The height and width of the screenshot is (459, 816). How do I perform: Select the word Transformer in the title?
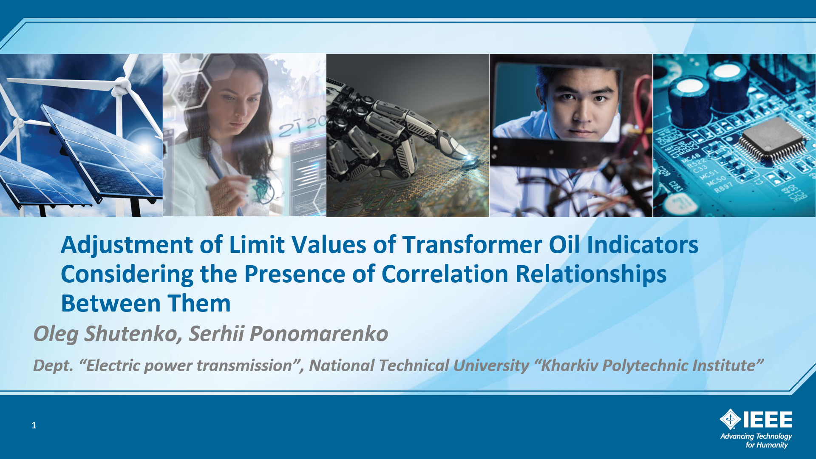point(472,245)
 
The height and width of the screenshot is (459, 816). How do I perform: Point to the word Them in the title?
point(199,303)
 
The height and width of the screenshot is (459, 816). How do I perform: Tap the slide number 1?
point(34,425)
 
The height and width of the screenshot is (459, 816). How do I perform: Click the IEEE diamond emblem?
point(730,419)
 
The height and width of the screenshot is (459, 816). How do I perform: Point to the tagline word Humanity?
point(772,445)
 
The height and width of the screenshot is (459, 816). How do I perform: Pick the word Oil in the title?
point(564,245)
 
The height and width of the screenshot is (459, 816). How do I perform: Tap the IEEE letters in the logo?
point(767,419)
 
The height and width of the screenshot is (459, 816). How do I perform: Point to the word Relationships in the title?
point(591,275)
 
